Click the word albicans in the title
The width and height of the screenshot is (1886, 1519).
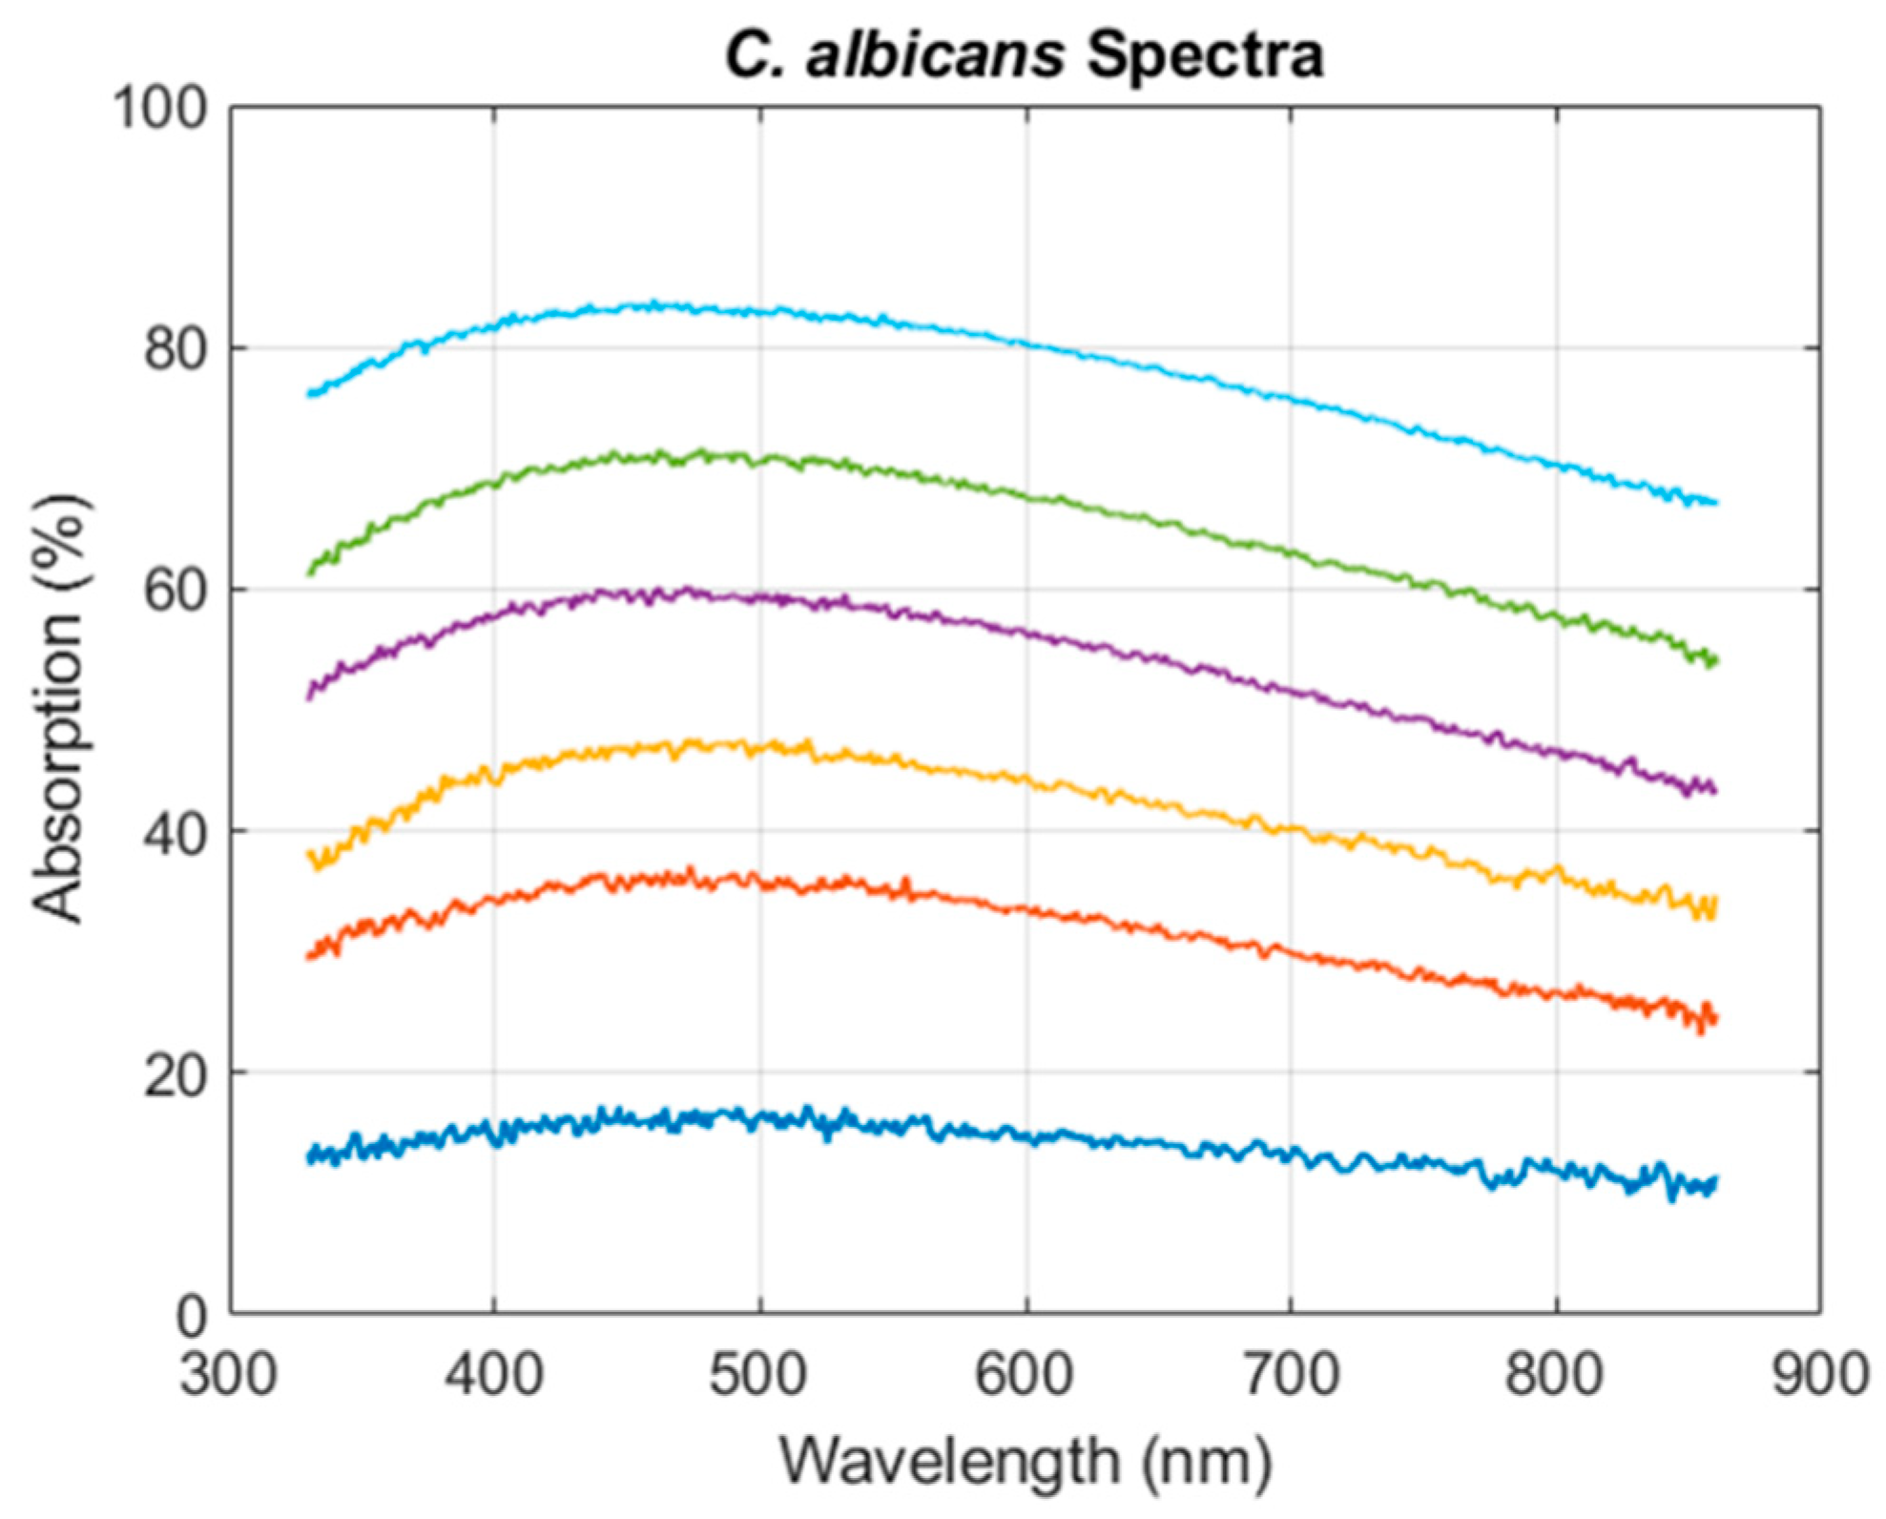pos(935,55)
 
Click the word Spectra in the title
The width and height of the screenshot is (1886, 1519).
pos(1205,55)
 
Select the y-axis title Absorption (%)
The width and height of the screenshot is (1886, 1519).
pos(59,708)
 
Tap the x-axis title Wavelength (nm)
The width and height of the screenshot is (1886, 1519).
pos(1026,1461)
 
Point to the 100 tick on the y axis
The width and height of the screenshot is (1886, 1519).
pos(160,108)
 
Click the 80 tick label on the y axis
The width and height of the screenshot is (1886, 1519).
pos(176,349)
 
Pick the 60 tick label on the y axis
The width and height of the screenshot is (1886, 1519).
pos(176,591)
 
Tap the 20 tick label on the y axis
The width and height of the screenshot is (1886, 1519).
pos(176,1074)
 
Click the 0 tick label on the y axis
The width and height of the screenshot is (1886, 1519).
pos(191,1317)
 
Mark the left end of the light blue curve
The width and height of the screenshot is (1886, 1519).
pos(309,393)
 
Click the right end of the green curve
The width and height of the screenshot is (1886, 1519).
pos(1714,660)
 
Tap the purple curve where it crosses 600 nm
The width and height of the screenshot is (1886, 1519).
pos(1026,633)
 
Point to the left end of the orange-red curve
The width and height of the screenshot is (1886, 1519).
pos(309,954)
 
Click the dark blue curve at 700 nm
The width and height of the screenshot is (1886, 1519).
pos(1292,1155)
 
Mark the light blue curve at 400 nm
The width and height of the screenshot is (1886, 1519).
pos(494,327)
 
